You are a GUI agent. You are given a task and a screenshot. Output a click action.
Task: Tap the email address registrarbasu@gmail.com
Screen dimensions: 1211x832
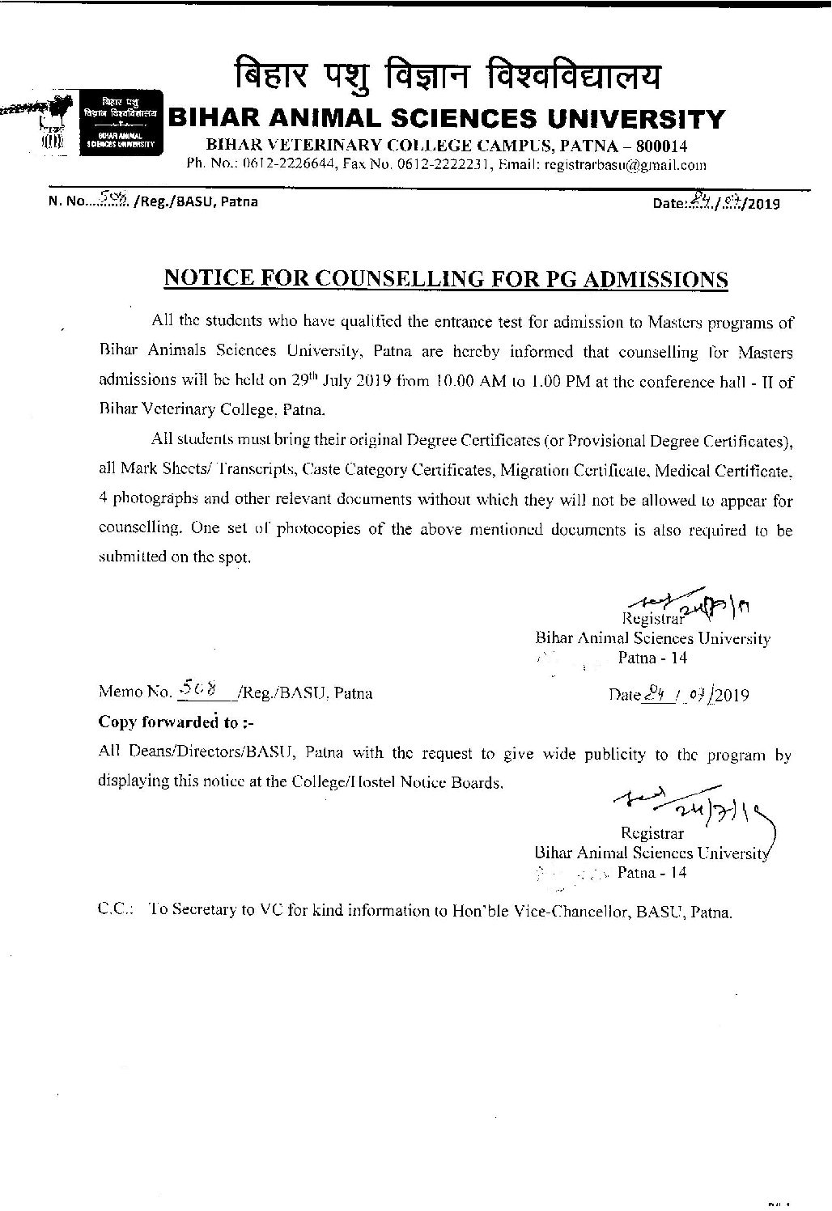tap(626, 164)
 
